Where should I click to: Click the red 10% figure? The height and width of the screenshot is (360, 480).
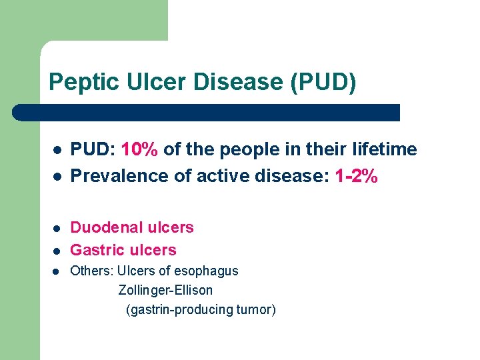pos(140,149)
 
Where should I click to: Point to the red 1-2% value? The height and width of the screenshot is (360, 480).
pos(357,176)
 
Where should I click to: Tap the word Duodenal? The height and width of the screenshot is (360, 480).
pos(103,227)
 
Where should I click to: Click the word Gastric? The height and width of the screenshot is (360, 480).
pos(97,250)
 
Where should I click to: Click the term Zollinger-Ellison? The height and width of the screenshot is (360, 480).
pos(165,290)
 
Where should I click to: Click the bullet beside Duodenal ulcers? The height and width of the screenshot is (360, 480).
pos(57,229)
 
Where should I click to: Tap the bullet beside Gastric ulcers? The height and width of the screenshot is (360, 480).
pos(57,251)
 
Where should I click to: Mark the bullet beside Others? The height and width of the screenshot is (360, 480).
pos(57,272)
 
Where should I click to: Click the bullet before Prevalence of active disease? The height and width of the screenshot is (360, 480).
pos(57,177)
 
